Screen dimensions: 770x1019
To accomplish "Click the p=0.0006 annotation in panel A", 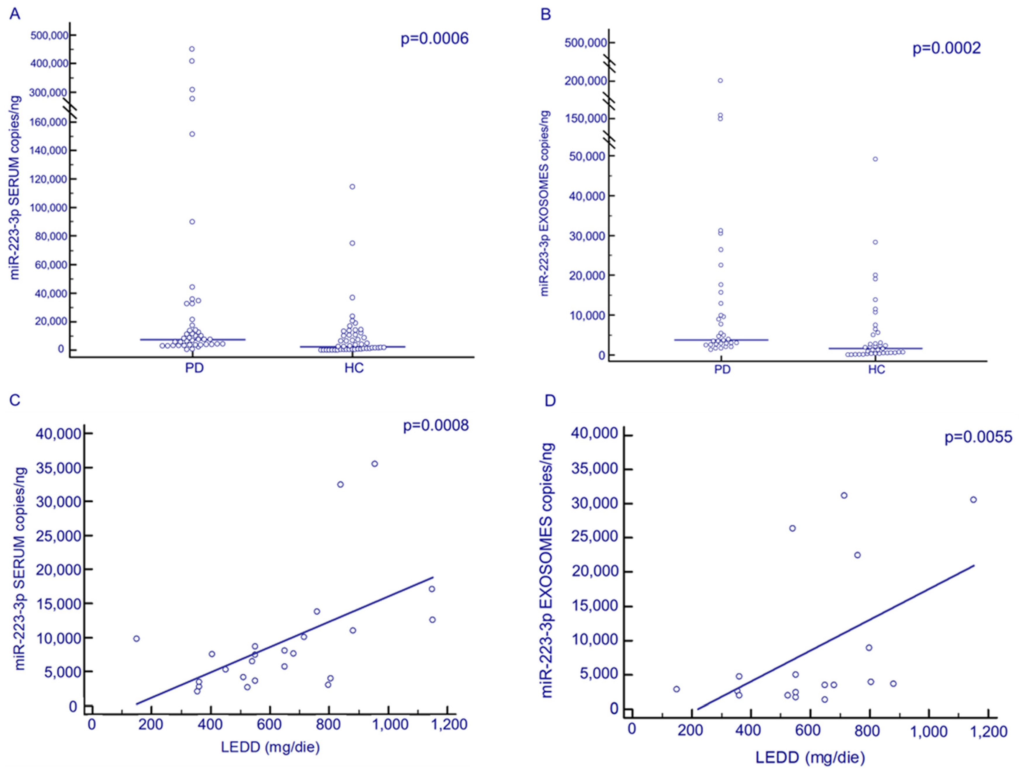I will tap(434, 39).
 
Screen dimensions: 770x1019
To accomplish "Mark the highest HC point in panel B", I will tap(875, 159).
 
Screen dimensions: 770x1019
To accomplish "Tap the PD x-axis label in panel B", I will tap(722, 370).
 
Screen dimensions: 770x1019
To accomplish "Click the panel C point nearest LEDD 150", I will tap(136, 639).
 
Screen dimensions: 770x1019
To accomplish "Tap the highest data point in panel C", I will tap(375, 464).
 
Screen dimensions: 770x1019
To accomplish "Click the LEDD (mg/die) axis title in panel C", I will tap(270, 747).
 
